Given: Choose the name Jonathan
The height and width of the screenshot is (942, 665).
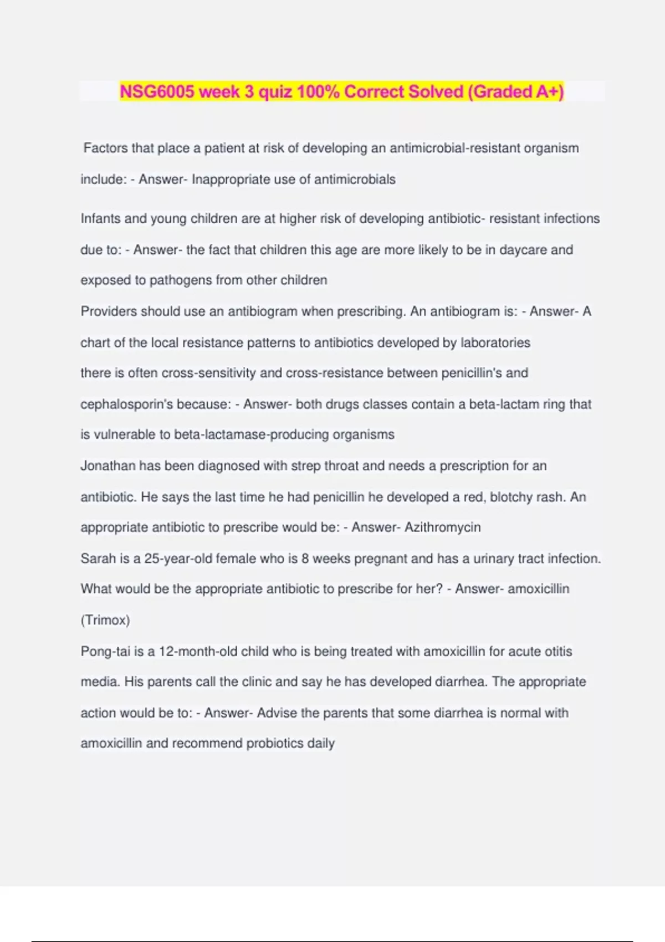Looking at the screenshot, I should pyautogui.click(x=108, y=466).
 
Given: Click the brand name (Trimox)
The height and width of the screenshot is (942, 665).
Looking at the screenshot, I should pyautogui.click(x=105, y=620).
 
